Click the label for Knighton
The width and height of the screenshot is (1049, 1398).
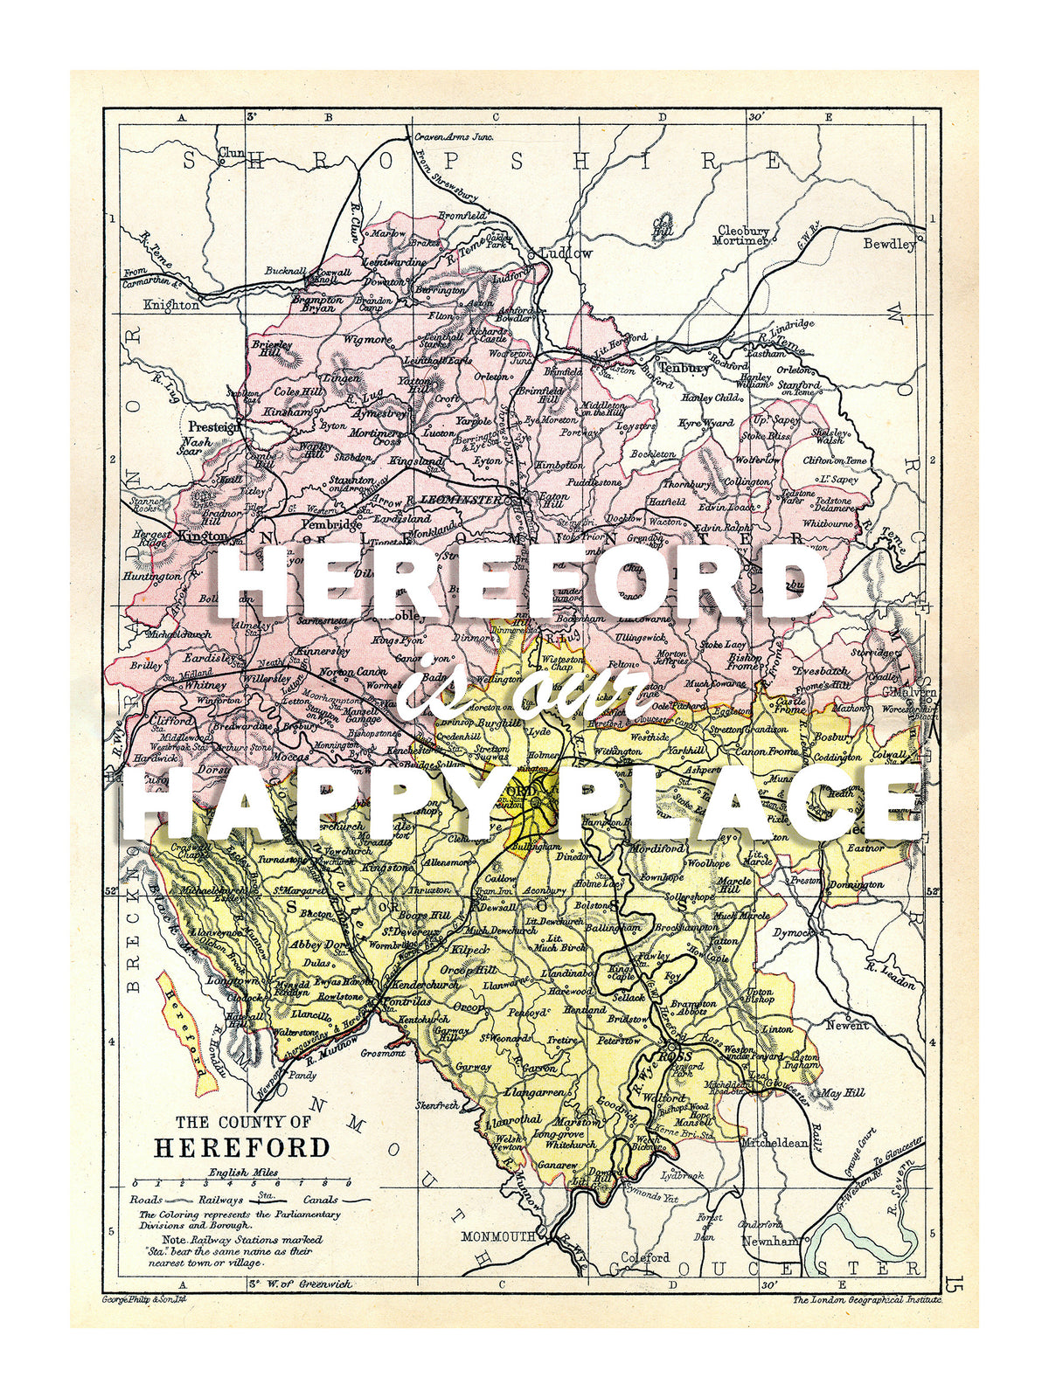(x=171, y=305)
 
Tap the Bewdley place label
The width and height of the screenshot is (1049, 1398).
(x=889, y=244)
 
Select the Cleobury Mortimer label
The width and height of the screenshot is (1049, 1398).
(x=742, y=235)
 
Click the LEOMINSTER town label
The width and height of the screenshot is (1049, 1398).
(x=461, y=500)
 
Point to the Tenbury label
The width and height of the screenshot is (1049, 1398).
(x=684, y=368)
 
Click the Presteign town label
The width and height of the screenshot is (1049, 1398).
(x=214, y=426)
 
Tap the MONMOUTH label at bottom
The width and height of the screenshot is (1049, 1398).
(x=497, y=1236)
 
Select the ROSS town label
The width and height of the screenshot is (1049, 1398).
(x=674, y=1056)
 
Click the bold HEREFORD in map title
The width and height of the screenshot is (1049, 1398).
(x=242, y=1147)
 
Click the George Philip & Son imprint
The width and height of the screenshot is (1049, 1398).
(x=145, y=1300)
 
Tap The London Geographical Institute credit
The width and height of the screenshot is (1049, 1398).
(x=867, y=1300)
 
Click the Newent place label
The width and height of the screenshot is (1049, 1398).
(x=847, y=1025)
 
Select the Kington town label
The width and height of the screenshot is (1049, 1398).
(x=202, y=536)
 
